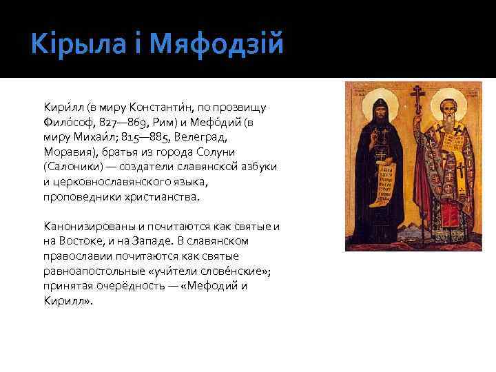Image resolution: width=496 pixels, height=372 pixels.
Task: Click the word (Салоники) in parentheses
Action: pos(72,167)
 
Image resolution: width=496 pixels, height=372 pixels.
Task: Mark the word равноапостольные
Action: pos(93,271)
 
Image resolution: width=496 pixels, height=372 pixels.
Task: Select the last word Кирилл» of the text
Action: pos(67,302)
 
